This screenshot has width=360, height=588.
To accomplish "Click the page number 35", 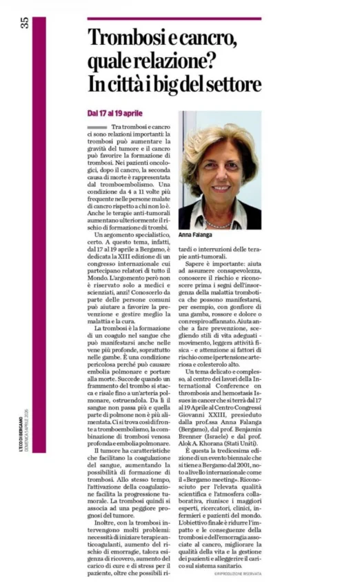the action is (x=25, y=23).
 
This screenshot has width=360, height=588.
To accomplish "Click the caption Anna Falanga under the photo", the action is (x=196, y=235).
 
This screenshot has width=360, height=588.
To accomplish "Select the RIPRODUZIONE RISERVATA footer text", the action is (x=237, y=573).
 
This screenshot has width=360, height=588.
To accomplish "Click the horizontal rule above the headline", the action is (x=174, y=19).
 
